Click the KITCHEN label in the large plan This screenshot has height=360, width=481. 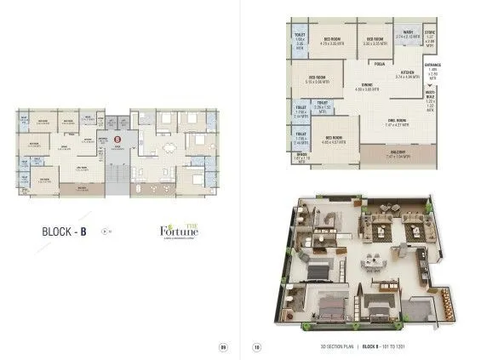[x=407, y=74]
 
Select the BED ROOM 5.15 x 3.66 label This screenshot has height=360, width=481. [x=321, y=82]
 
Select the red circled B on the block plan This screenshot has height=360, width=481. [x=118, y=137]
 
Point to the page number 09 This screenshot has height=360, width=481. [x=223, y=346]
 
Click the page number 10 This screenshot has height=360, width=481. [x=256, y=346]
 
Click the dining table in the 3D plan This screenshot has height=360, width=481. [x=374, y=260]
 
